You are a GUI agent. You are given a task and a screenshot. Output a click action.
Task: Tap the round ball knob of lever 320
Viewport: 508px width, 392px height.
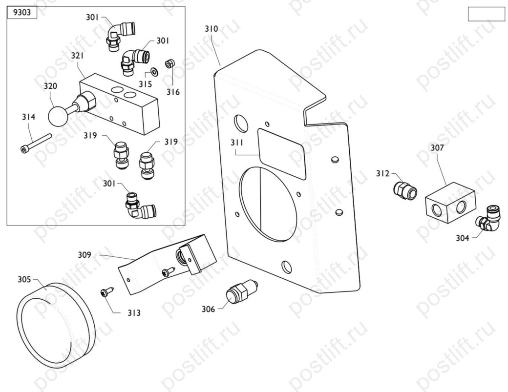point(59,116)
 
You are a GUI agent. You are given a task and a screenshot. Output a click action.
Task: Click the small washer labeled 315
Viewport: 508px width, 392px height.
point(154,72)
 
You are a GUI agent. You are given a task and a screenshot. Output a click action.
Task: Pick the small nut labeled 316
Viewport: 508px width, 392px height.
point(170,64)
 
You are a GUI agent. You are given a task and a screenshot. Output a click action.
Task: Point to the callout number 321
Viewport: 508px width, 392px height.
point(77,56)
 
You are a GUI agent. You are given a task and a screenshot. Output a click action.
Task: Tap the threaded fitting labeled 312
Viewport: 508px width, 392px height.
point(405,189)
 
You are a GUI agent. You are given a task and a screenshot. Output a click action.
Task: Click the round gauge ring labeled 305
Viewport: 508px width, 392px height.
point(55,325)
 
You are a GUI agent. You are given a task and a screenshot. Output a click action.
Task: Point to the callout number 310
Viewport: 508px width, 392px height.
point(212,29)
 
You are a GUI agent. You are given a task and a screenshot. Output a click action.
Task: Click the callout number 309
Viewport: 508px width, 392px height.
point(85,254)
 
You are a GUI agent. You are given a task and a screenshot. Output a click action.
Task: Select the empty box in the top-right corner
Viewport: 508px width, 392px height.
point(486,14)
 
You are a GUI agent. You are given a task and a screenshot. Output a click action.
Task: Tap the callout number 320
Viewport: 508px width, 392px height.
point(50,86)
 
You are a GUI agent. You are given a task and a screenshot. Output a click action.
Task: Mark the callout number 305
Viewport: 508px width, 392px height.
point(24,279)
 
